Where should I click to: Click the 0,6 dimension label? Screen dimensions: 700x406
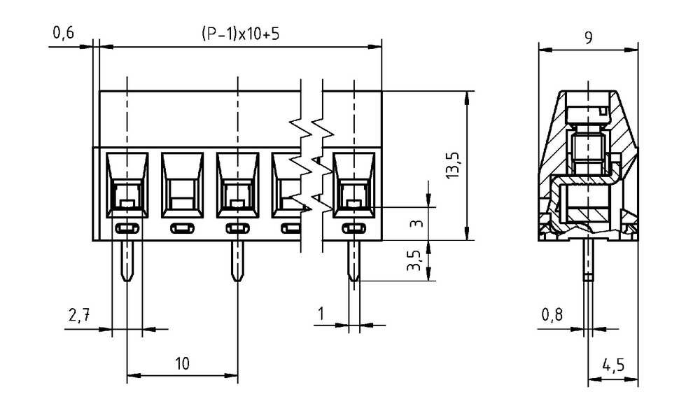pyautogui.click(x=64, y=33)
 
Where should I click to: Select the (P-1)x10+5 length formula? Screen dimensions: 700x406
pyautogui.click(x=241, y=34)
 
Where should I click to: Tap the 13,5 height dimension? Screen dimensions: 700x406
pyautogui.click(x=453, y=165)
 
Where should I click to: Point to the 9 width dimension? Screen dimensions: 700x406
pyautogui.click(x=589, y=38)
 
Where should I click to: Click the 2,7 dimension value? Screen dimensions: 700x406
pyautogui.click(x=80, y=315)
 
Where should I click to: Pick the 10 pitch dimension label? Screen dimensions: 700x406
pyautogui.click(x=182, y=363)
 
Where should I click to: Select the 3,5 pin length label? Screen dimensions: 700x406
pyautogui.click(x=414, y=260)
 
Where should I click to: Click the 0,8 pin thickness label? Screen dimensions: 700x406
pyautogui.click(x=552, y=315)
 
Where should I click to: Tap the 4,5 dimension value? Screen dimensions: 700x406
pyautogui.click(x=613, y=365)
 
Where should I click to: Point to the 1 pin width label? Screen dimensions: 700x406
pyautogui.click(x=321, y=314)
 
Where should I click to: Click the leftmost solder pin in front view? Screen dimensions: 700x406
pyautogui.click(x=127, y=261)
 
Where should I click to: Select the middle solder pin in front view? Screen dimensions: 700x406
pyautogui.click(x=237, y=261)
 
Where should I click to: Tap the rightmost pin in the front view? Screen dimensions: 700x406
pyautogui.click(x=354, y=261)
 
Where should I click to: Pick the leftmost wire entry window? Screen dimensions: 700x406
pyautogui.click(x=127, y=185)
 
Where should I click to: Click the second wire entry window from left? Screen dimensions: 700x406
pyautogui.click(x=183, y=185)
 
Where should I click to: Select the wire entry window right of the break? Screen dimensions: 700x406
pyautogui.click(x=354, y=185)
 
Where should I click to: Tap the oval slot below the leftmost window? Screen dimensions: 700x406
pyautogui.click(x=127, y=229)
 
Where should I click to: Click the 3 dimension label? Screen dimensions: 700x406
pyautogui.click(x=417, y=223)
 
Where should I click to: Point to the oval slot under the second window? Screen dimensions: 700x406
pyautogui.click(x=183, y=229)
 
